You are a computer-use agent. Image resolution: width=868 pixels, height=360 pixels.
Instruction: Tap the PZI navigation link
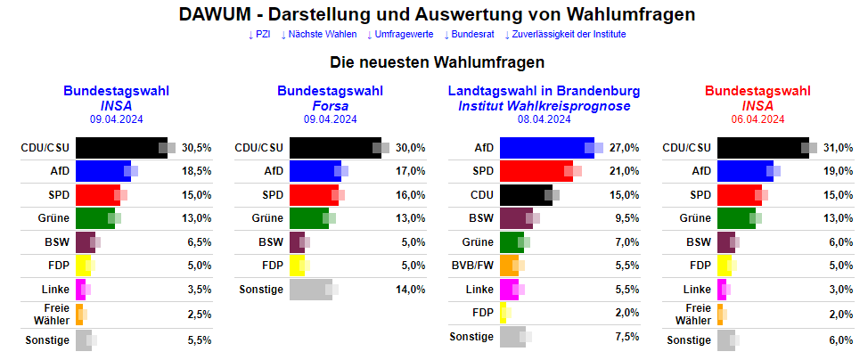pyautogui.click(x=259, y=35)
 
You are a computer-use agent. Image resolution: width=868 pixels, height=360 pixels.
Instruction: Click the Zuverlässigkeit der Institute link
pyautogui.click(x=565, y=35)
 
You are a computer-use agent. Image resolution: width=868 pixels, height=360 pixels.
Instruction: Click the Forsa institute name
pyautogui.click(x=330, y=105)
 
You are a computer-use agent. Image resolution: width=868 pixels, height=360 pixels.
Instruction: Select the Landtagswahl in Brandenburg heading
pyautogui.click(x=544, y=91)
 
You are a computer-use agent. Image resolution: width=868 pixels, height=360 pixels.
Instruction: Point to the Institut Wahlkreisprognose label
pyautogui.click(x=544, y=105)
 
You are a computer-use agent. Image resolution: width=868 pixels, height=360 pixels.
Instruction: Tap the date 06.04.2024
pyautogui.click(x=757, y=119)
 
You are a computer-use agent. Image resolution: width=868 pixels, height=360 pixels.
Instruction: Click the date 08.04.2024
pyautogui.click(x=544, y=119)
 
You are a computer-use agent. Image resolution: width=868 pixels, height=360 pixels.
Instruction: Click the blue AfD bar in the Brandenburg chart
pyautogui.click(x=545, y=147)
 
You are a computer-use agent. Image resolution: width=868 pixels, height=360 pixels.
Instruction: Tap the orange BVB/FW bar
pyautogui.click(x=508, y=265)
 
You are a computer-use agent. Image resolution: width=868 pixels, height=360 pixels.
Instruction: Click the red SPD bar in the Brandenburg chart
pyautogui.click(x=535, y=170)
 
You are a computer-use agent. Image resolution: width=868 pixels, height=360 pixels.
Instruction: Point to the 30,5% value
pyautogui.click(x=197, y=147)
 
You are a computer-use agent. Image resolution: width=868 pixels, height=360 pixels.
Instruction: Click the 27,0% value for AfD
pyautogui.click(x=625, y=147)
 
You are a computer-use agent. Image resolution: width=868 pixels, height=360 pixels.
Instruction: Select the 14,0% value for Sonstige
pyautogui.click(x=411, y=289)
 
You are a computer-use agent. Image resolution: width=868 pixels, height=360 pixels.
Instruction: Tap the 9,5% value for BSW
pyautogui.click(x=626, y=217)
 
